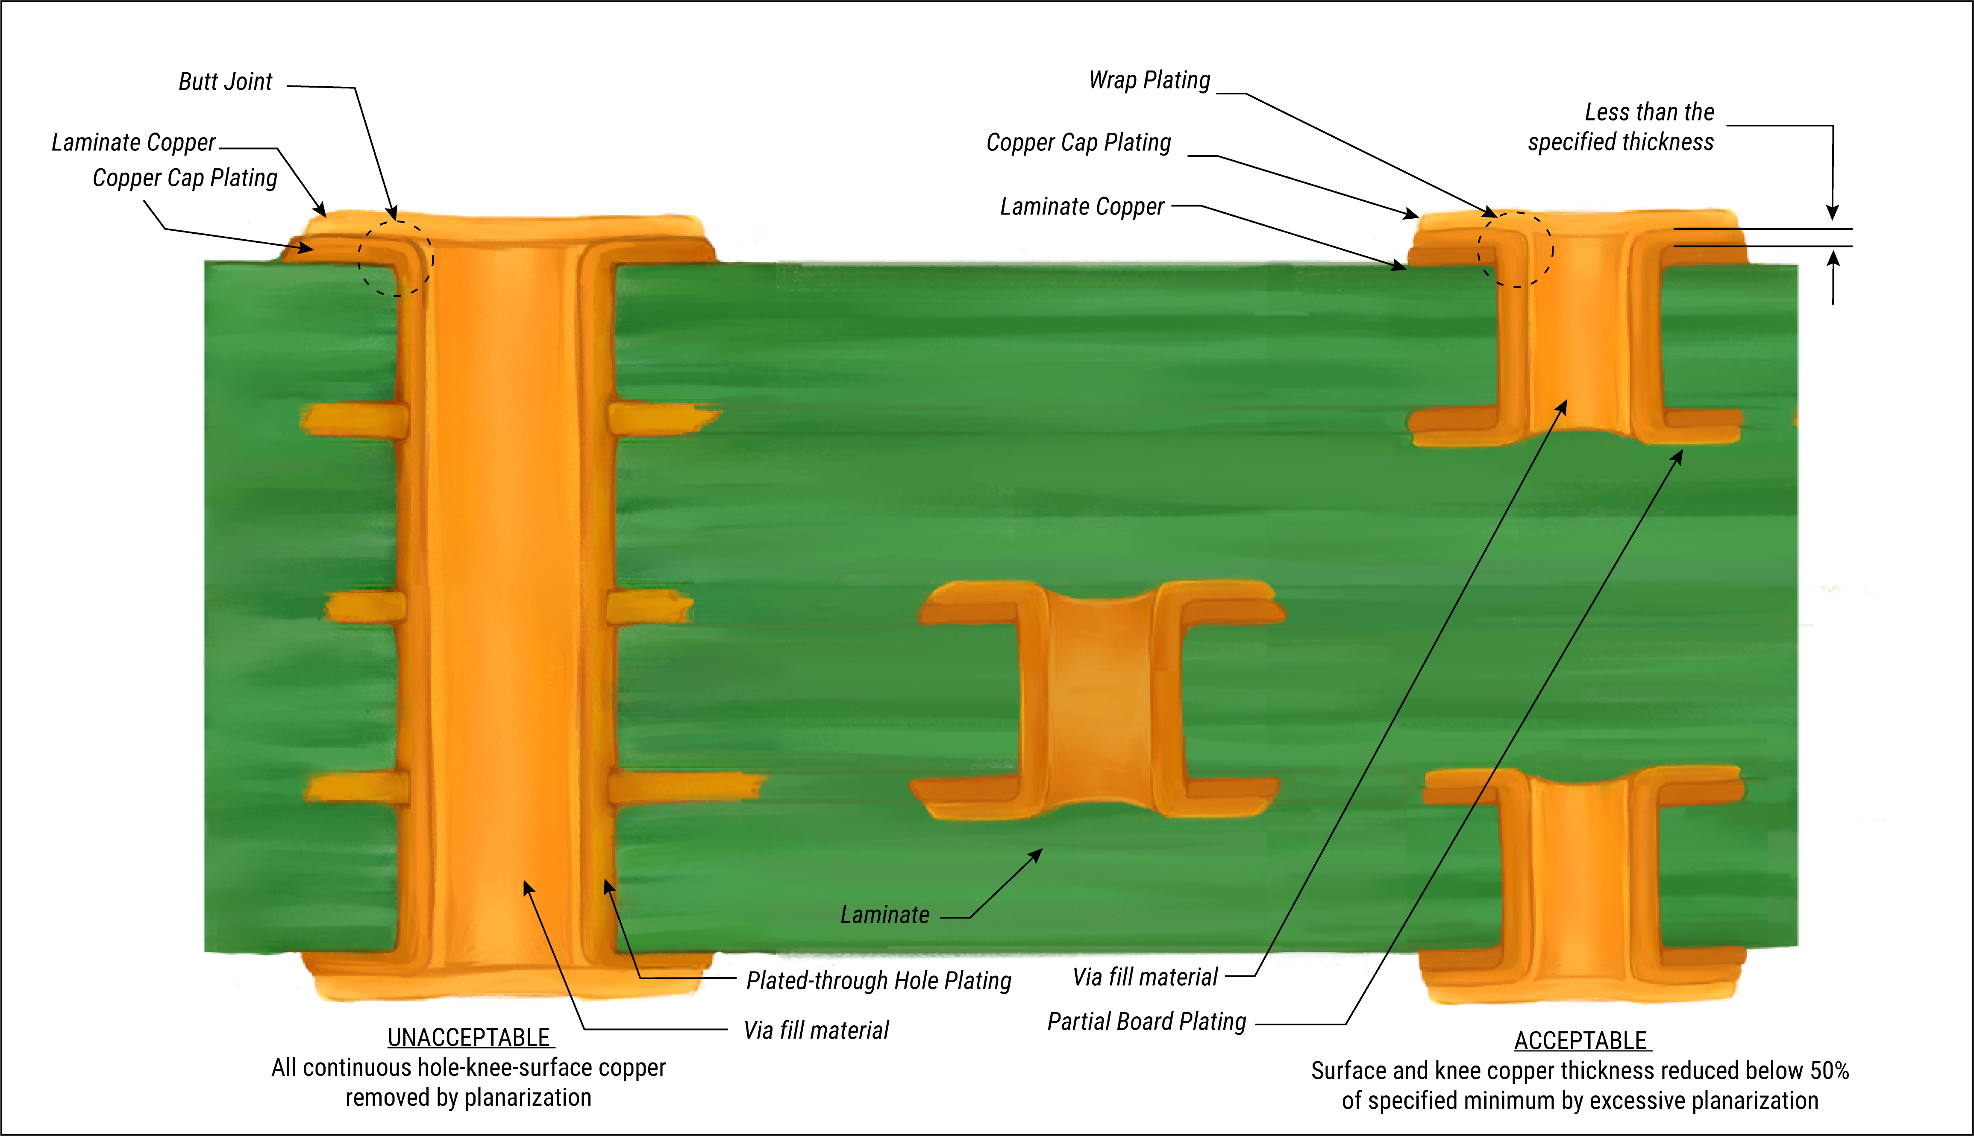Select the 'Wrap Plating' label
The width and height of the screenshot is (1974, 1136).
pos(1149,80)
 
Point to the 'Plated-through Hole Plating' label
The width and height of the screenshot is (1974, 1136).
pos(878,981)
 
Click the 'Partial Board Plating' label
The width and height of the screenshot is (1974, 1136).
pos(1146,1022)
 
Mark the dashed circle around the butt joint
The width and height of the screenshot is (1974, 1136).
pos(396,258)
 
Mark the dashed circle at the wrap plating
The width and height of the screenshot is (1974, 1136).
pos(1515,250)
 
